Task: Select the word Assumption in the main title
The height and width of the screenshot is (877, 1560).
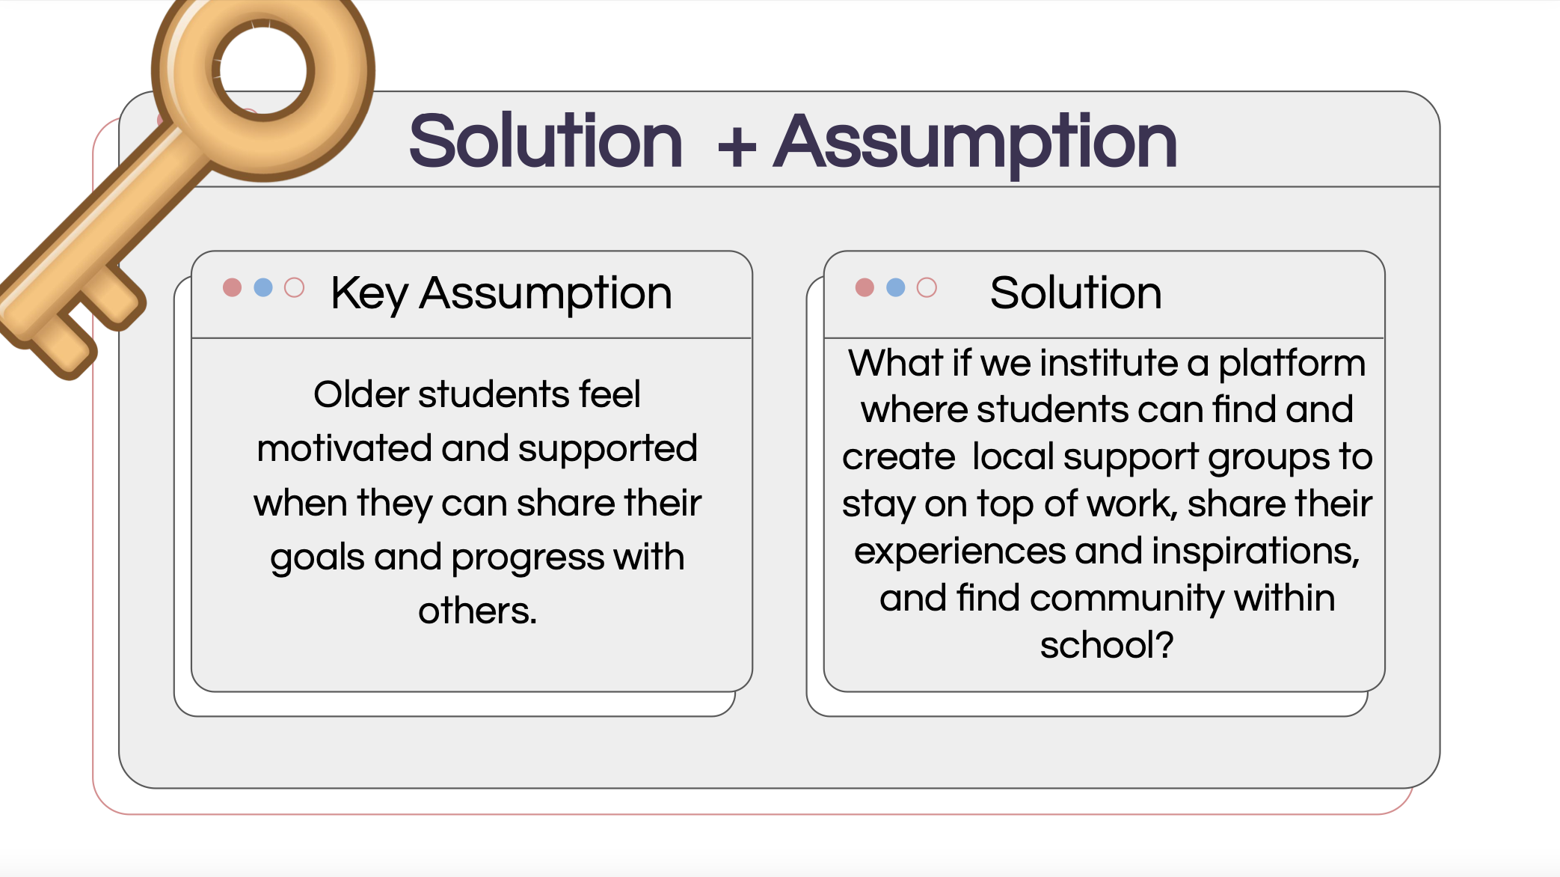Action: click(x=975, y=144)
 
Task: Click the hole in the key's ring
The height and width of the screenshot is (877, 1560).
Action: click(x=263, y=70)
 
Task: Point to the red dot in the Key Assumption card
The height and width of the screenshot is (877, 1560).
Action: click(x=233, y=287)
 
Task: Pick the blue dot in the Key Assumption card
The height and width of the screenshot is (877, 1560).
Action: click(x=263, y=287)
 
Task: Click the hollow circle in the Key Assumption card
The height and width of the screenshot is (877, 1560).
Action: click(x=295, y=287)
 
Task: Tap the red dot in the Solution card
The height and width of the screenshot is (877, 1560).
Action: click(x=865, y=287)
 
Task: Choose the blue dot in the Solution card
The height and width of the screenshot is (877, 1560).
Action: click(x=896, y=287)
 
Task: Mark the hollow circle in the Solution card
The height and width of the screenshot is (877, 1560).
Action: click(x=927, y=287)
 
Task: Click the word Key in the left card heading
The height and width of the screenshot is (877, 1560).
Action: click(x=369, y=294)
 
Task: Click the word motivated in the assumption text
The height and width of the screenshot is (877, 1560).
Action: click(x=345, y=448)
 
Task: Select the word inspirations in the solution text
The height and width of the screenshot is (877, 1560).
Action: click(x=1256, y=552)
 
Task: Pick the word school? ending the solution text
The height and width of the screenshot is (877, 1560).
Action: click(x=1107, y=644)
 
